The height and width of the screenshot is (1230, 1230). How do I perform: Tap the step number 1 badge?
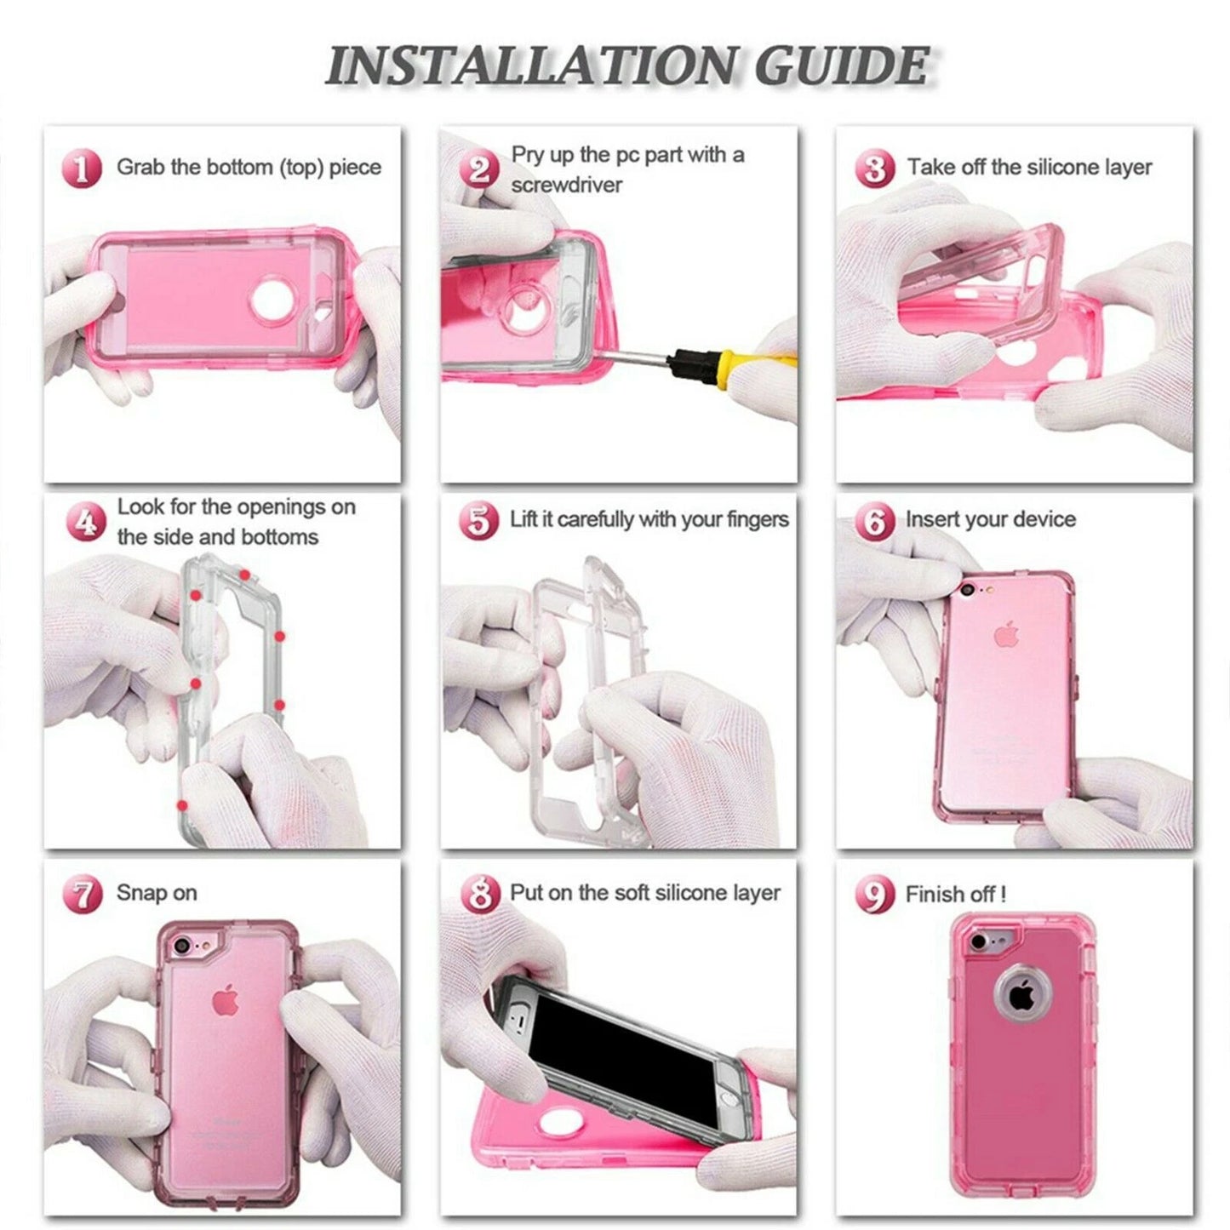(x=81, y=168)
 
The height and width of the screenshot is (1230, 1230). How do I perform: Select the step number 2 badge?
(x=479, y=169)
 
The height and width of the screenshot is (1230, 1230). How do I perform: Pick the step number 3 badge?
(x=874, y=168)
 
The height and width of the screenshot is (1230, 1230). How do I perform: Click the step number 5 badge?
(x=478, y=520)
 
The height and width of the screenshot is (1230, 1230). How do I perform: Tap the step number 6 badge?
(x=874, y=520)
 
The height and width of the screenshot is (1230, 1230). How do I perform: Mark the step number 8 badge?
(x=479, y=894)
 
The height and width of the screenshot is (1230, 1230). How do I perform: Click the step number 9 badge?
(x=874, y=895)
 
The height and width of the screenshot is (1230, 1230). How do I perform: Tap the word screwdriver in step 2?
(x=567, y=185)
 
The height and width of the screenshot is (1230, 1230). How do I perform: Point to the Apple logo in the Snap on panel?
(x=225, y=1001)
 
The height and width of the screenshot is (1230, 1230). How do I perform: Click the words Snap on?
(x=157, y=893)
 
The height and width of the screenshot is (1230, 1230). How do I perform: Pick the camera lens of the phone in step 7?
(x=180, y=947)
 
